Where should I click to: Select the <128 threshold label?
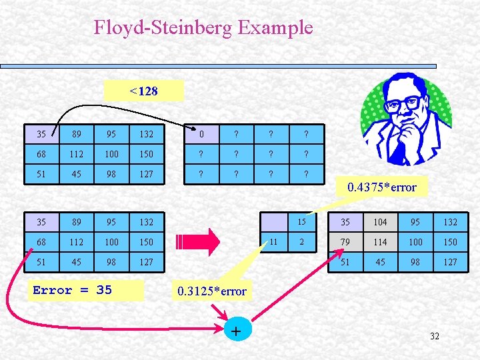[144, 91]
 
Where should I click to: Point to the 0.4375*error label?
[382, 187]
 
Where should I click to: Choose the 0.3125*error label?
[212, 291]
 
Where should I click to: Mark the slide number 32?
[435, 336]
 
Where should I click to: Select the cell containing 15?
[301, 222]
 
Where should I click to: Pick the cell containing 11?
[274, 241]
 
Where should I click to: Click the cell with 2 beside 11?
[301, 241]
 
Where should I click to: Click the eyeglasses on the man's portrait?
[402, 104]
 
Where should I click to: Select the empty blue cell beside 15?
[274, 222]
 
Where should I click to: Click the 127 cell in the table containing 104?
[450, 262]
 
